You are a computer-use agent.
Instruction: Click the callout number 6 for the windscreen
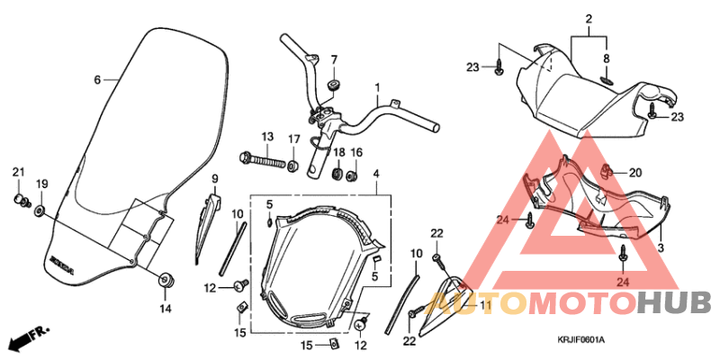(x=97, y=79)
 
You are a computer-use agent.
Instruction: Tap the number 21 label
(x=18, y=171)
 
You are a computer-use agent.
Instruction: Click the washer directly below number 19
(x=40, y=211)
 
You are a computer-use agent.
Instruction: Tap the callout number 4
(x=377, y=173)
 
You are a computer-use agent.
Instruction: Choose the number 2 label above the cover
(x=589, y=20)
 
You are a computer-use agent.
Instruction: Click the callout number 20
(x=635, y=173)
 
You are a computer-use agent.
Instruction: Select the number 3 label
(x=661, y=247)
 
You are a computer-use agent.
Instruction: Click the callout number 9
(x=215, y=179)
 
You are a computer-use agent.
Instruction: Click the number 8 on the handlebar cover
(x=607, y=58)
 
